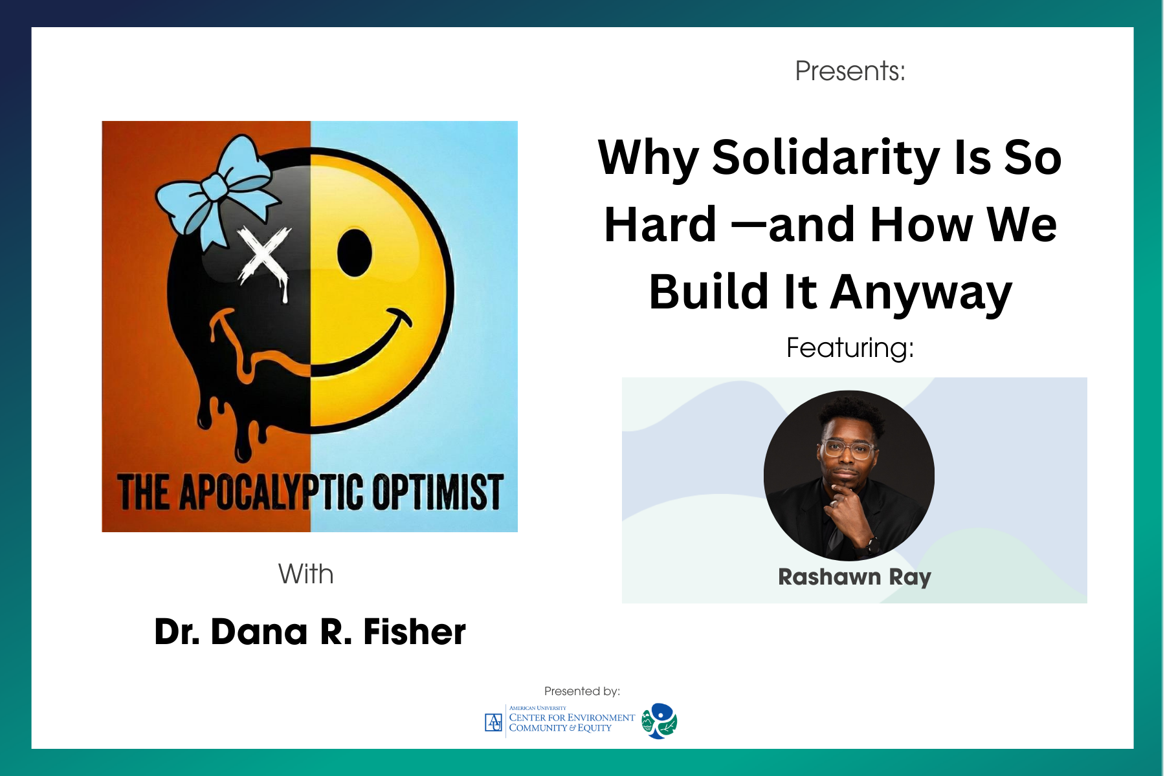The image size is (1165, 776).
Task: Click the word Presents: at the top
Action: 850,70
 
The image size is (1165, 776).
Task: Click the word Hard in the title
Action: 660,224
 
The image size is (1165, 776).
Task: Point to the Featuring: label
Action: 850,348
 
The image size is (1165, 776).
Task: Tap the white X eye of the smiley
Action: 264,256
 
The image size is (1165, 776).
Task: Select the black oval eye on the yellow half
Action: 354,252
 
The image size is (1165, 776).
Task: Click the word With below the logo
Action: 305,574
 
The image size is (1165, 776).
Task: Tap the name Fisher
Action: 414,632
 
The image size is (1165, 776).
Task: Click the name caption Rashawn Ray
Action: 854,577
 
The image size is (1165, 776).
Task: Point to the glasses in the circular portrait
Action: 849,449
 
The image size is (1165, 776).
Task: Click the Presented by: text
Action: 582,691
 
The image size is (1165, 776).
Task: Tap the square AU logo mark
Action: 493,722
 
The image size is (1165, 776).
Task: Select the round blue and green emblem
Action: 660,721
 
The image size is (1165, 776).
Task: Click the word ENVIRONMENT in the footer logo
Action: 601,718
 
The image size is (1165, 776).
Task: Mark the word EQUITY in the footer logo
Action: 594,728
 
